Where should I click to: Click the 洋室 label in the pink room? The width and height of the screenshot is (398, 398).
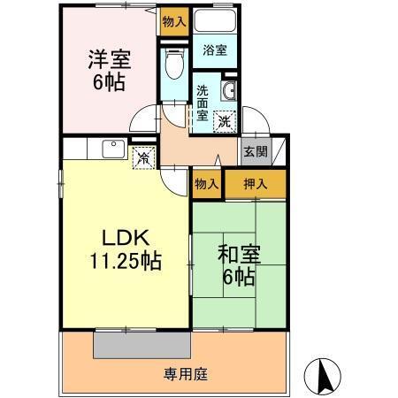pos(108,60)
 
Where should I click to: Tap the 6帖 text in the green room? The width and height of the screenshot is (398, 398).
pos(238,278)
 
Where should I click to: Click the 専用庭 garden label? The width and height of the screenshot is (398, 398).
pos(185,373)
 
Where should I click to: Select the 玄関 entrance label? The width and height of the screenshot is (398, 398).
pos(255,151)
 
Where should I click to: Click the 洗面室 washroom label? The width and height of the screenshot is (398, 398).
pos(203,103)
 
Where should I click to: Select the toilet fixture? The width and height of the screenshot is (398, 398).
pos(173,64)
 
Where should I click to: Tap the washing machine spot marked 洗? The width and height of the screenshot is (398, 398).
pos(225,121)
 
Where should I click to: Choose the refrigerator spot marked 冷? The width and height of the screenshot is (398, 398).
pos(143,157)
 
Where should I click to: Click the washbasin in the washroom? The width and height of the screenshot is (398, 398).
pos(228,91)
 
